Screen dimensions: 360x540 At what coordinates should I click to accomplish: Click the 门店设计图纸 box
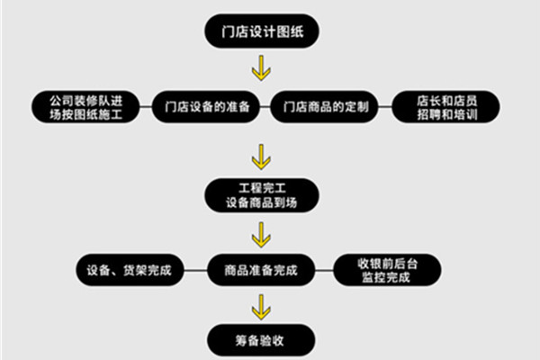coord(262,31)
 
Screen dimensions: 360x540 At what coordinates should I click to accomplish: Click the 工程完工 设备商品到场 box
coord(261,195)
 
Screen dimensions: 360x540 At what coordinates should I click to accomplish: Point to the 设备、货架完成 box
coord(131,269)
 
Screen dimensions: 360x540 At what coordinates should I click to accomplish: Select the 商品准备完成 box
coord(260,269)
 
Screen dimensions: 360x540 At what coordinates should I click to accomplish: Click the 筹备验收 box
coord(261,340)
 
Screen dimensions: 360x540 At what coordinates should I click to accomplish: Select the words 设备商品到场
coord(261,203)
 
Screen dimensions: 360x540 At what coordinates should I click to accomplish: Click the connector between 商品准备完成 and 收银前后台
coord(325,269)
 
